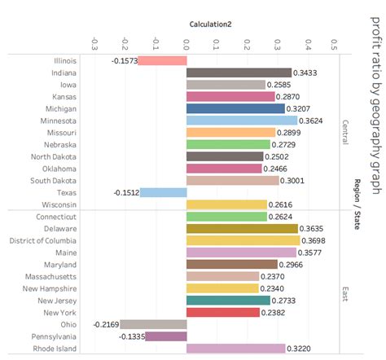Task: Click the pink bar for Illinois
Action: (162, 60)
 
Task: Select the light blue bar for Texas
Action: (163, 192)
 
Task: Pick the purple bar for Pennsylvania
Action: (166, 336)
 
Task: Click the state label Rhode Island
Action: (55, 349)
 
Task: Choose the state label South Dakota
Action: (55, 180)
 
